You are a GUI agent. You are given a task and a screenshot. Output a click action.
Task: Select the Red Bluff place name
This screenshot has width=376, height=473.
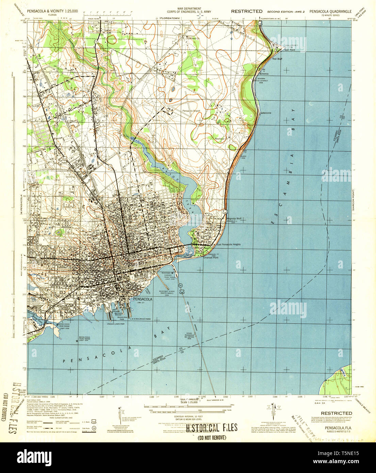click(277, 59)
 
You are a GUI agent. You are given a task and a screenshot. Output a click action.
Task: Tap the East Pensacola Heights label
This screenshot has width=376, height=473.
click(229, 245)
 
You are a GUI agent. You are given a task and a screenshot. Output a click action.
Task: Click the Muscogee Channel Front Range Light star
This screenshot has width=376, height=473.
click(173, 273)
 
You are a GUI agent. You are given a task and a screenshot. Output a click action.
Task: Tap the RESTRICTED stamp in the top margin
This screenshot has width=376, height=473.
click(247, 11)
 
